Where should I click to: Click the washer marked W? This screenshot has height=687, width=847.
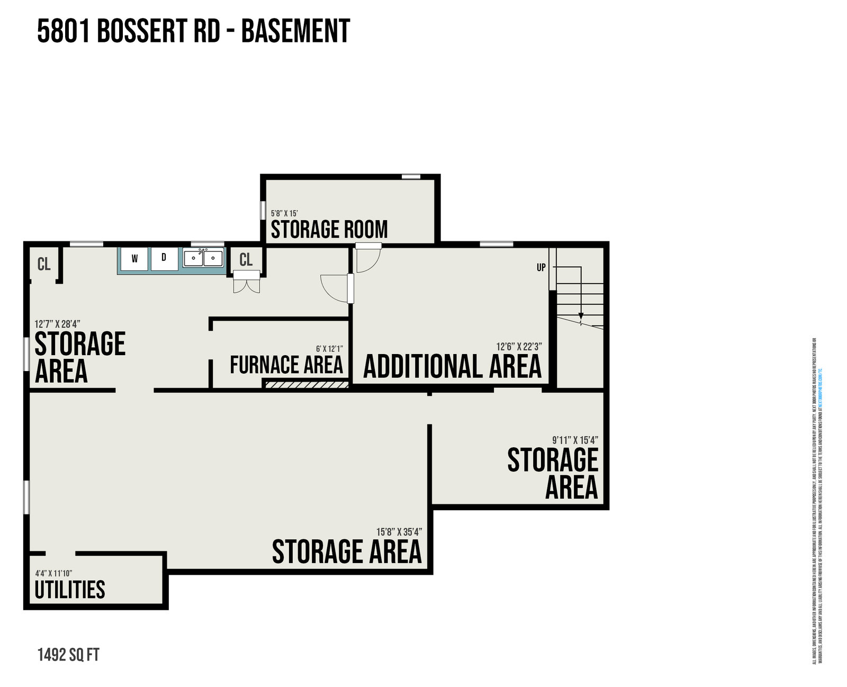click(134, 259)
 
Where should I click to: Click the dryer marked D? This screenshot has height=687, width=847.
click(164, 258)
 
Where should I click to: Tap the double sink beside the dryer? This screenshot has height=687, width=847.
click(203, 258)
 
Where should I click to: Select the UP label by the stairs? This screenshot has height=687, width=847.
click(540, 268)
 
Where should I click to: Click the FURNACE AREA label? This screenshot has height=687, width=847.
click(286, 365)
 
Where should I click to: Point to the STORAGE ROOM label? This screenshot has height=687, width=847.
click(329, 230)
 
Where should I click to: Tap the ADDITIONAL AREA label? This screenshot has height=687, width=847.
click(453, 367)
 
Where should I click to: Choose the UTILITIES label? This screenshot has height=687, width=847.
click(70, 590)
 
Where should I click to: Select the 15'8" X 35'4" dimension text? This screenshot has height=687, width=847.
click(399, 532)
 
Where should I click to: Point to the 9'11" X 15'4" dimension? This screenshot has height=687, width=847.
click(575, 440)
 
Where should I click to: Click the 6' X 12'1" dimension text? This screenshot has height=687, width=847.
click(329, 349)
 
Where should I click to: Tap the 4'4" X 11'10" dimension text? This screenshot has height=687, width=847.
click(53, 573)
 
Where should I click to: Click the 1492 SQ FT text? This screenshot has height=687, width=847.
click(68, 655)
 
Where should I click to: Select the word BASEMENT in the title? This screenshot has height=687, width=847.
click(296, 31)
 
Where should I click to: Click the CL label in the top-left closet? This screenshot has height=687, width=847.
click(44, 264)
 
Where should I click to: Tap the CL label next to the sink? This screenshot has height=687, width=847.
click(246, 259)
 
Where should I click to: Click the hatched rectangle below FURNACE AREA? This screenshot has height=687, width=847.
click(307, 384)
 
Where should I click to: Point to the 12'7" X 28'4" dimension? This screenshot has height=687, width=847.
click(57, 324)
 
